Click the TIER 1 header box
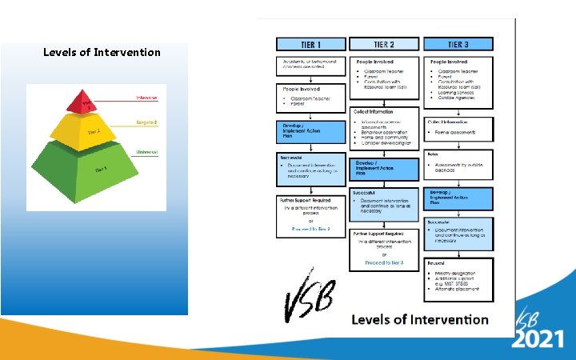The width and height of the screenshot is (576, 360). point(310,45)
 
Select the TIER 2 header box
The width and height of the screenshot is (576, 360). point(383,45)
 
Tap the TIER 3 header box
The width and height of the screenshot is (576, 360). point(458,45)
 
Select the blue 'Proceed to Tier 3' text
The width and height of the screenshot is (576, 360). point(383,262)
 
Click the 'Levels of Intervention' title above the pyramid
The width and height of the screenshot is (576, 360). point(102,53)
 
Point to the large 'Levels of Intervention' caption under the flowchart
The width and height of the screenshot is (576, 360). point(420,319)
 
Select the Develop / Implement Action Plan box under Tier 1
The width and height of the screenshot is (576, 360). point(310,130)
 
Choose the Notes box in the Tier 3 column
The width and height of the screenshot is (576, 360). point(458,160)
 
